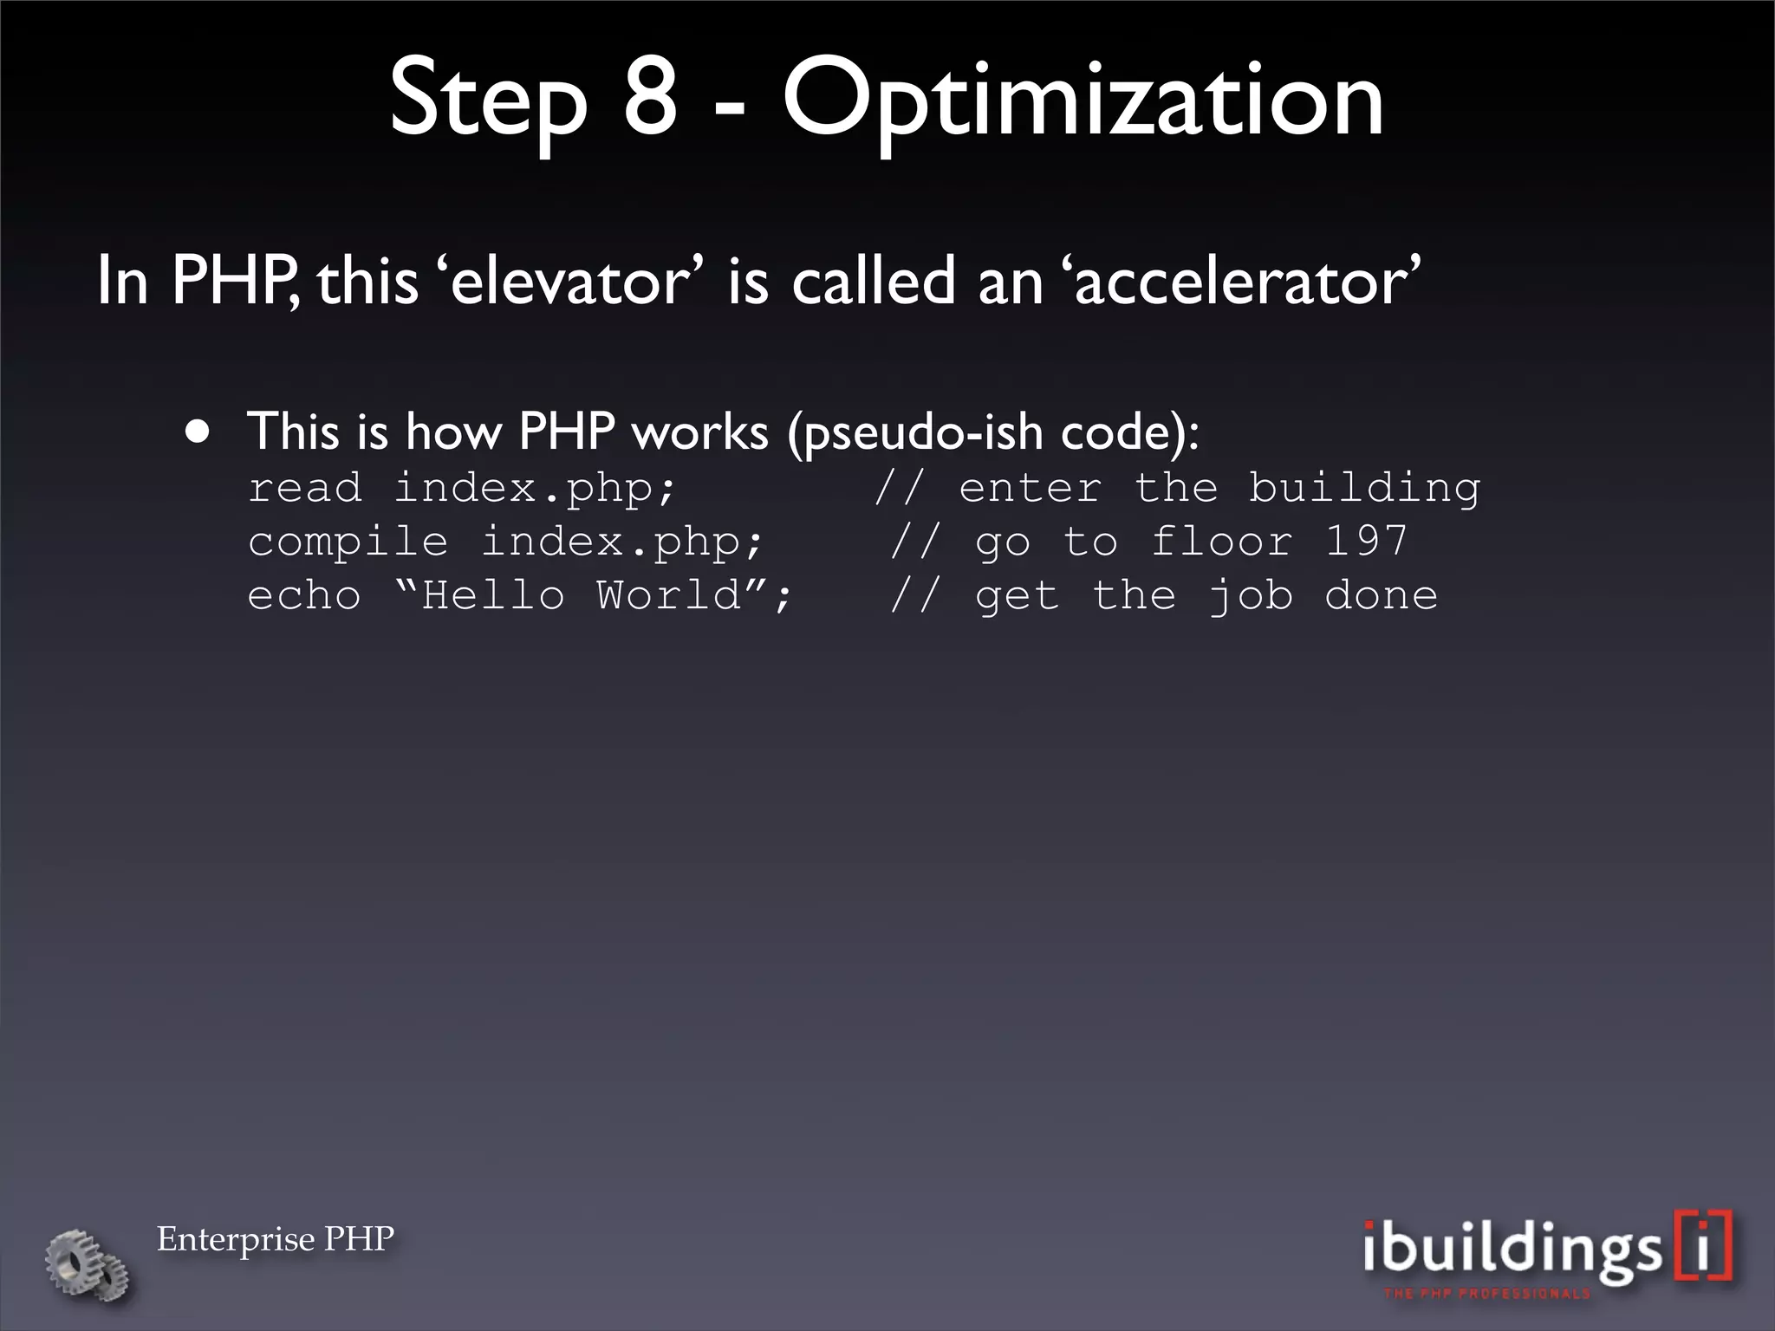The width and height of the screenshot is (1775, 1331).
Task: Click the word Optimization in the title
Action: coord(1083,102)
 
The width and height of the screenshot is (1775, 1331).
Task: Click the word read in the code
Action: coord(304,488)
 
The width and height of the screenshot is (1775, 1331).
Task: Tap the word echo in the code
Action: coord(304,596)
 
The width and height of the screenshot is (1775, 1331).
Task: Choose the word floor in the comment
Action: coord(1222,542)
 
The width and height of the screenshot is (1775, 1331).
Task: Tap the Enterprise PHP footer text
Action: coord(276,1238)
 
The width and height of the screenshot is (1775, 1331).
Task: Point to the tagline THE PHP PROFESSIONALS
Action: coord(1487,1294)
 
